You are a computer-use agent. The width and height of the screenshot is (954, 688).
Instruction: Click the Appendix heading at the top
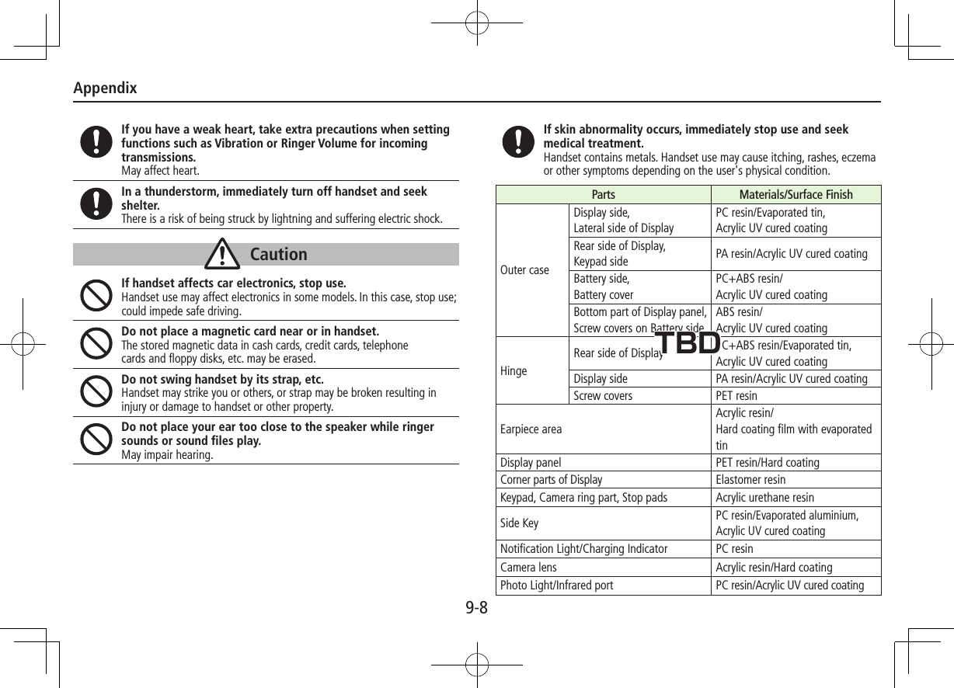click(x=105, y=88)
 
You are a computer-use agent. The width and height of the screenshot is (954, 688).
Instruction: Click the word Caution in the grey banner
click(x=279, y=254)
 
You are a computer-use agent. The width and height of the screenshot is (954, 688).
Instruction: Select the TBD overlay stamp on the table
click(x=688, y=342)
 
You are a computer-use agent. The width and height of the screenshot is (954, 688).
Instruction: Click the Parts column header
click(x=603, y=194)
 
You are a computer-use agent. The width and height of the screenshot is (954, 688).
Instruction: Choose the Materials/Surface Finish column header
click(x=796, y=194)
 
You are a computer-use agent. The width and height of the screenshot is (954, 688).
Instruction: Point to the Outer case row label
click(x=524, y=270)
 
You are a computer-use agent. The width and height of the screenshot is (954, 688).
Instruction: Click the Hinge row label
click(x=514, y=370)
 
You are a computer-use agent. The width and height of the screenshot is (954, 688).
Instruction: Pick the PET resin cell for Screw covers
click(x=736, y=396)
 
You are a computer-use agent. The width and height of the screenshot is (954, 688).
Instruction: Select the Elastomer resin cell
click(x=750, y=480)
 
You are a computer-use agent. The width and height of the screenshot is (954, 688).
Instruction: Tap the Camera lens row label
click(x=528, y=568)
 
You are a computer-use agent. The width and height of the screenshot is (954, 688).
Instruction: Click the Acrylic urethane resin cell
click(x=764, y=498)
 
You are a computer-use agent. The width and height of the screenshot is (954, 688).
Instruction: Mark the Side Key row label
click(x=520, y=523)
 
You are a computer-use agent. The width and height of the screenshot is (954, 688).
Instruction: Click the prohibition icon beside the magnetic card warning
click(x=96, y=344)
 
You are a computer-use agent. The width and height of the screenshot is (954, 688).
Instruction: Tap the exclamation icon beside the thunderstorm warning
click(x=96, y=203)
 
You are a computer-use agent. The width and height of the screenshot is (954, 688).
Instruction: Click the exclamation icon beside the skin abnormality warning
click(x=517, y=142)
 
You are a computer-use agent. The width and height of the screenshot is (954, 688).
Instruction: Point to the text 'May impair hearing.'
click(x=167, y=455)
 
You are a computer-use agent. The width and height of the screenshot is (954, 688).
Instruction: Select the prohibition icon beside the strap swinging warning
click(x=96, y=392)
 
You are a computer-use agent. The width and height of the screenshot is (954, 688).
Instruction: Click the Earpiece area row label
click(x=531, y=429)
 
